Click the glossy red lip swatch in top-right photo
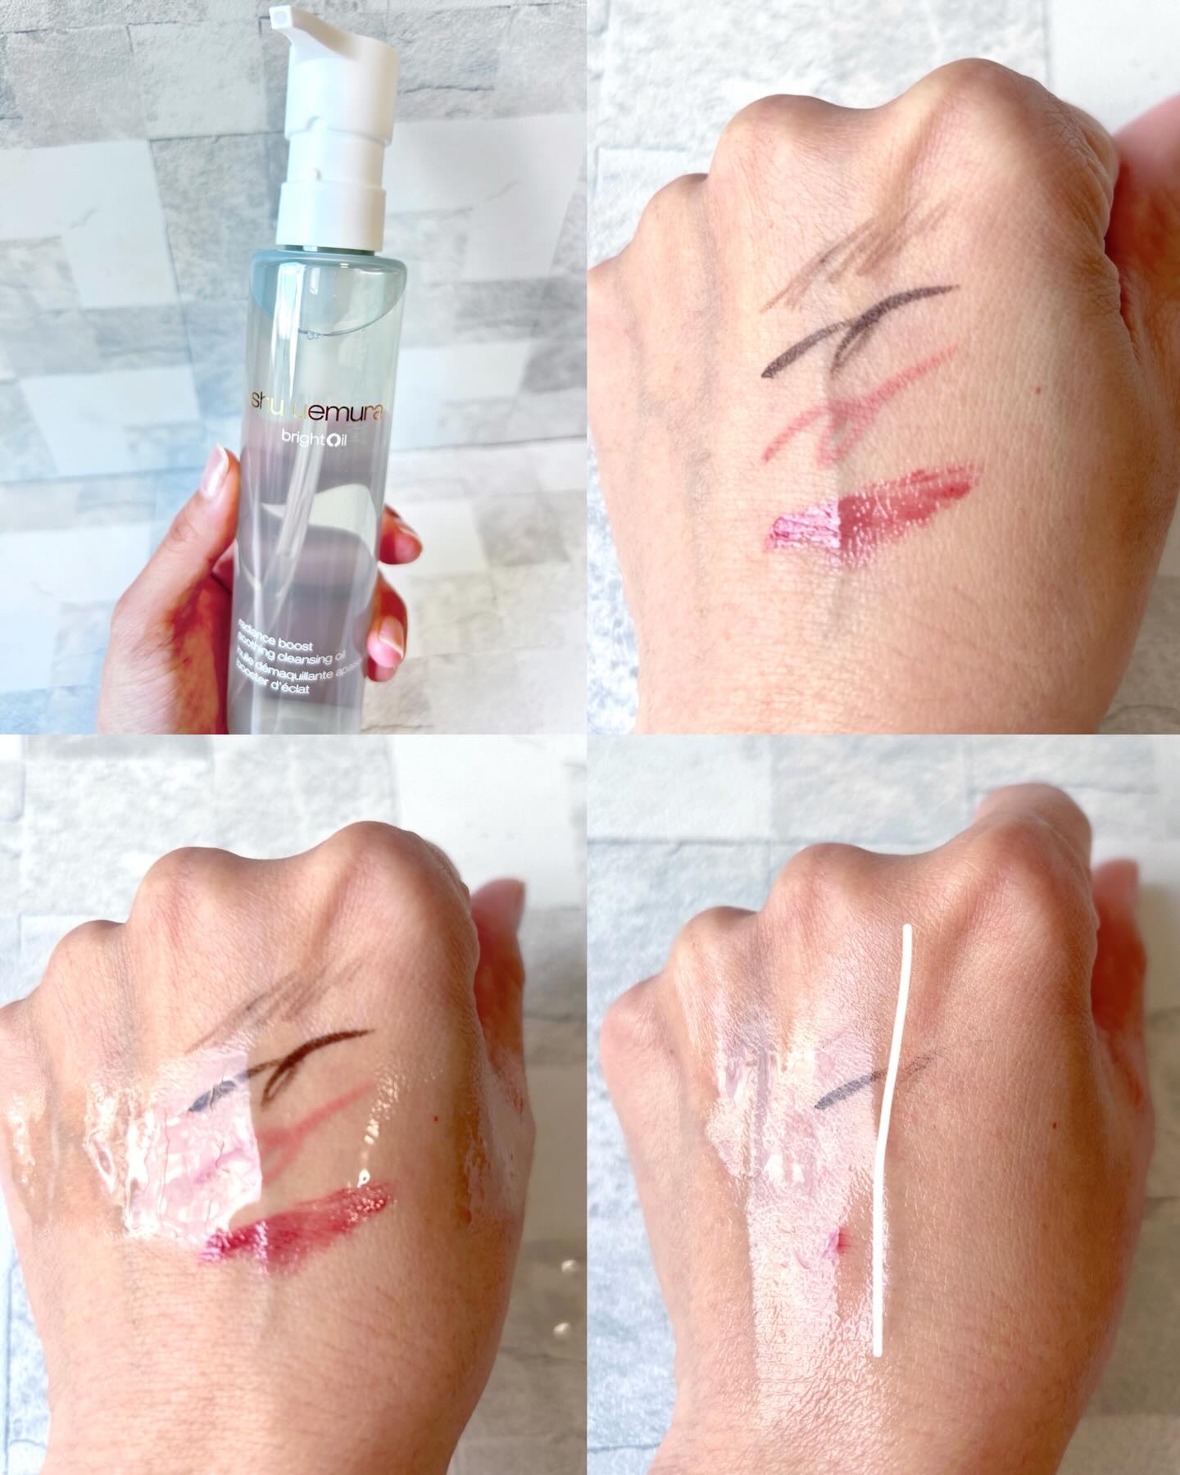tap(869, 508)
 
